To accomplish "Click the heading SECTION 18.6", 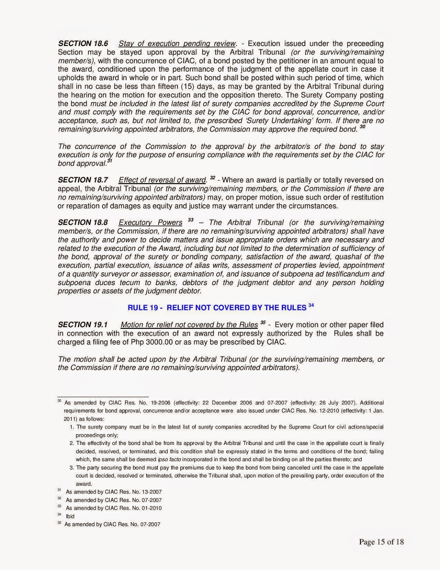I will tap(83, 43).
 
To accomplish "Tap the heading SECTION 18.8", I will tap(83, 223).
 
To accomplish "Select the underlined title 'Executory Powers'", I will tap(150, 223).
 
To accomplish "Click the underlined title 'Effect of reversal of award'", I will tap(162, 180).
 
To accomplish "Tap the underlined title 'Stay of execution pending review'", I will tap(177, 43).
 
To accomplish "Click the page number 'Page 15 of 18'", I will tap(381, 542).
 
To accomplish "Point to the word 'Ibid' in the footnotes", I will tap(70, 516).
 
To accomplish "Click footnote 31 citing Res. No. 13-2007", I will tap(114, 492).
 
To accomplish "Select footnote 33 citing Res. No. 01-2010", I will tap(114, 508).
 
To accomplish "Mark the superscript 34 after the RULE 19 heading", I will tap(311, 305).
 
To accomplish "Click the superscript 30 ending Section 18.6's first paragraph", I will tap(362, 126).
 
